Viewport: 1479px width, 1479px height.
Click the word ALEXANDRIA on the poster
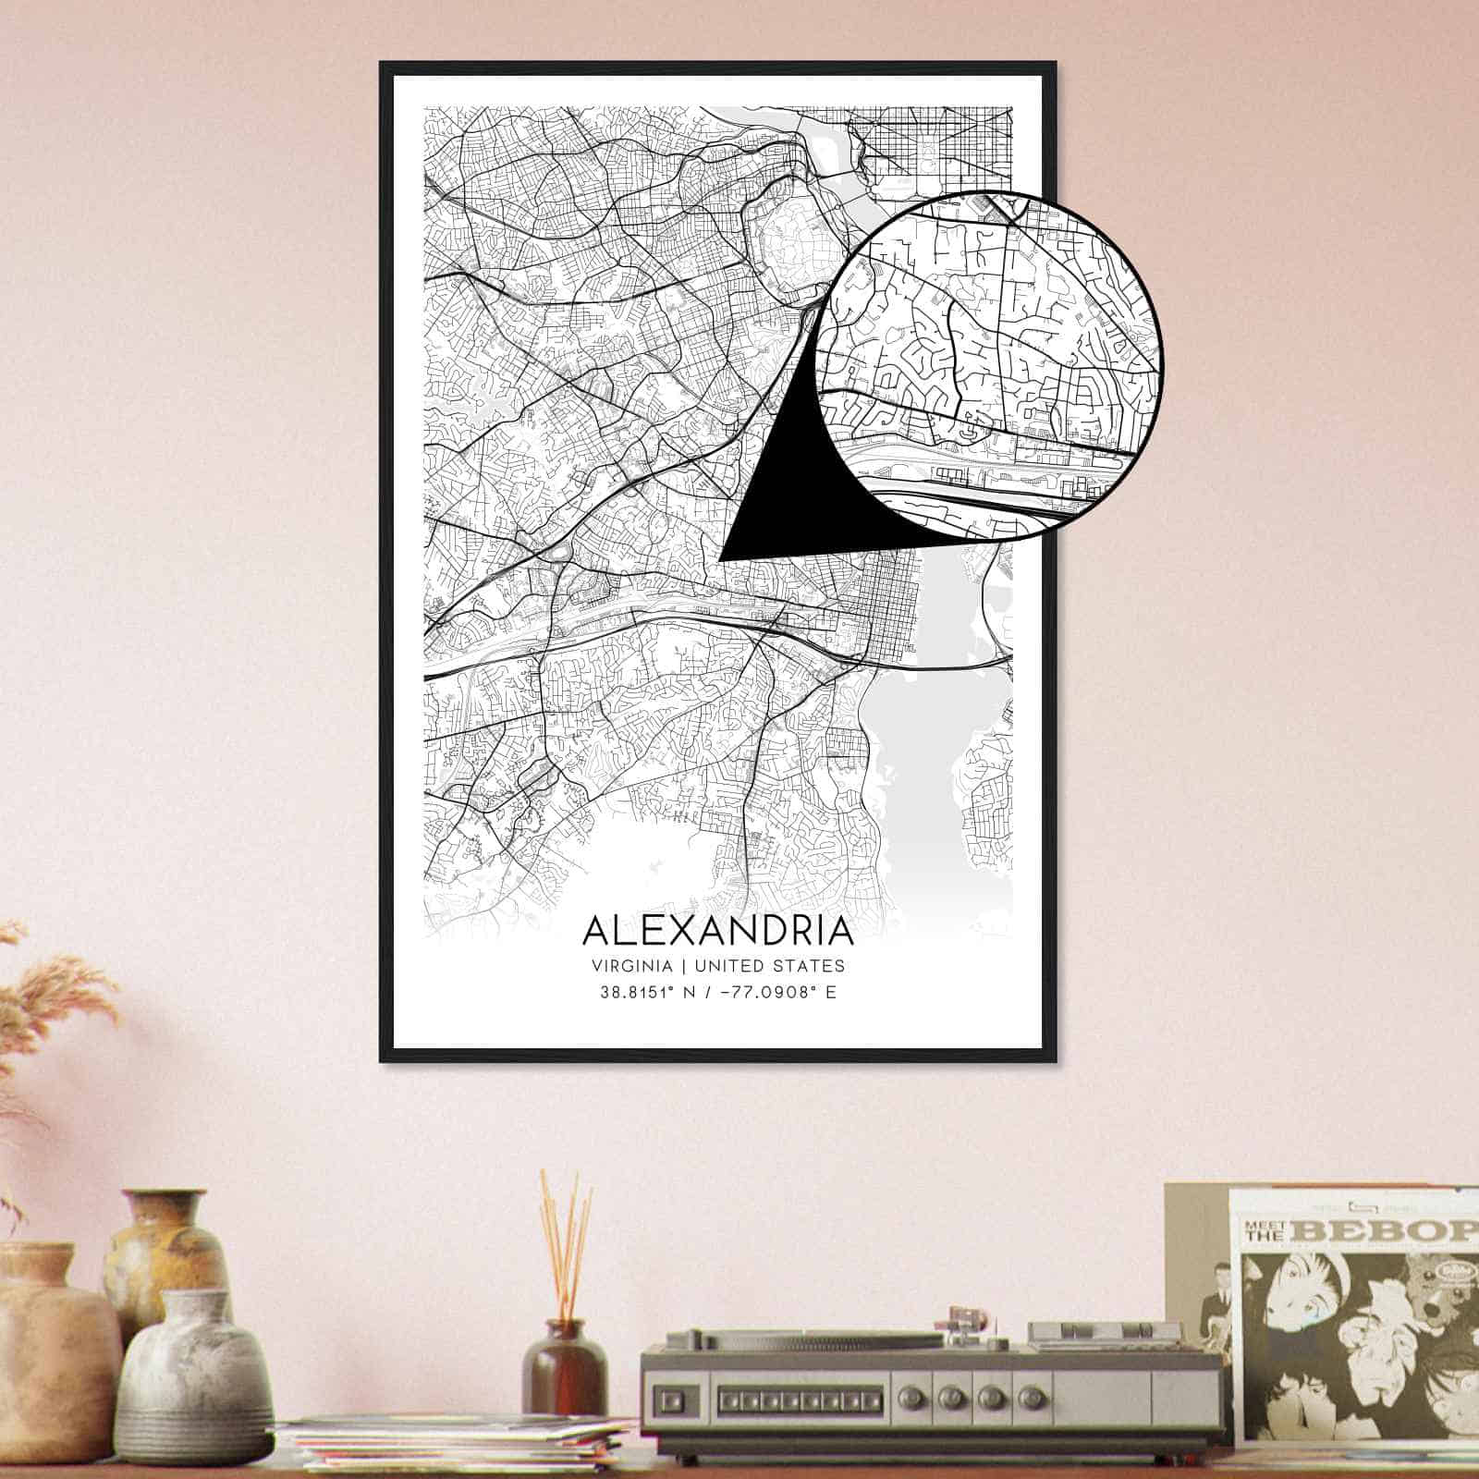(x=718, y=930)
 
